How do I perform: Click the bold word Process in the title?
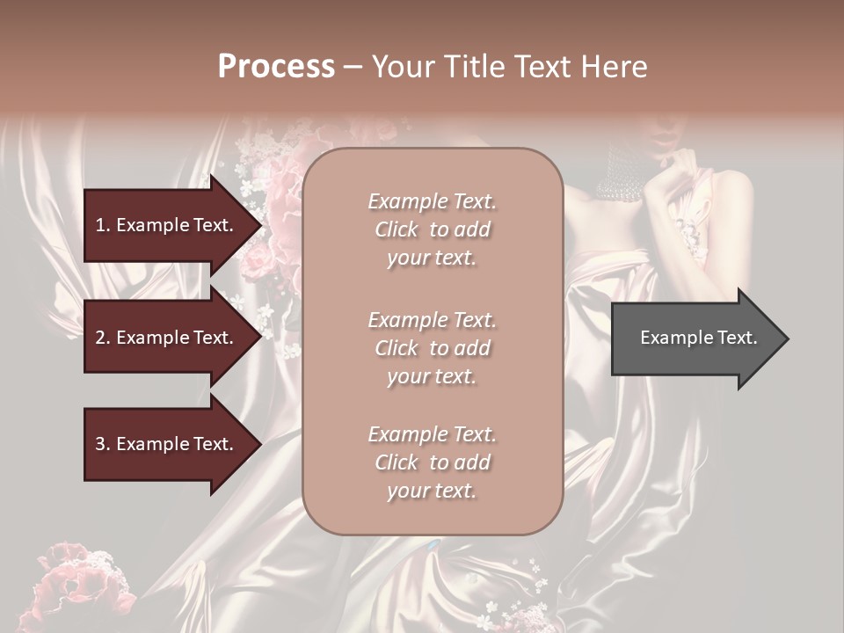click(x=276, y=67)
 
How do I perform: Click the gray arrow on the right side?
click(x=699, y=338)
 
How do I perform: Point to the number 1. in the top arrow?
click(x=103, y=225)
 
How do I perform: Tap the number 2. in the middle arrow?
click(x=103, y=338)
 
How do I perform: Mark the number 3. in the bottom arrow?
click(x=103, y=444)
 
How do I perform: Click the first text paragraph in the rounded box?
click(x=432, y=229)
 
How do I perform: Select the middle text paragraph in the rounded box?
click(x=432, y=347)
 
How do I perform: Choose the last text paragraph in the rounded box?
click(x=432, y=462)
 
